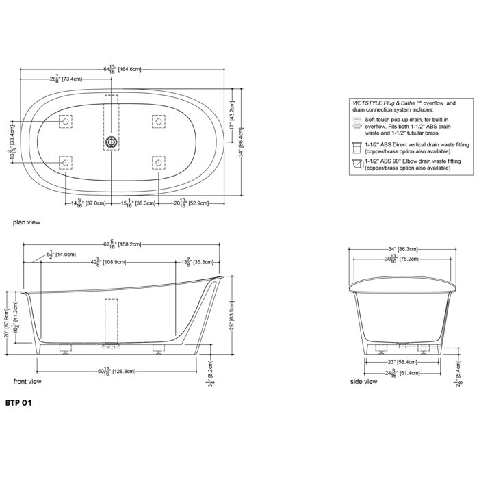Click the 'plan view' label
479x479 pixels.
point(25,223)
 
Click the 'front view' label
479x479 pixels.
point(27,380)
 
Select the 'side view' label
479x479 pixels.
point(363,380)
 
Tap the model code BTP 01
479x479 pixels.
point(18,404)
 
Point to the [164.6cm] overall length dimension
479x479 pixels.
point(130,69)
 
